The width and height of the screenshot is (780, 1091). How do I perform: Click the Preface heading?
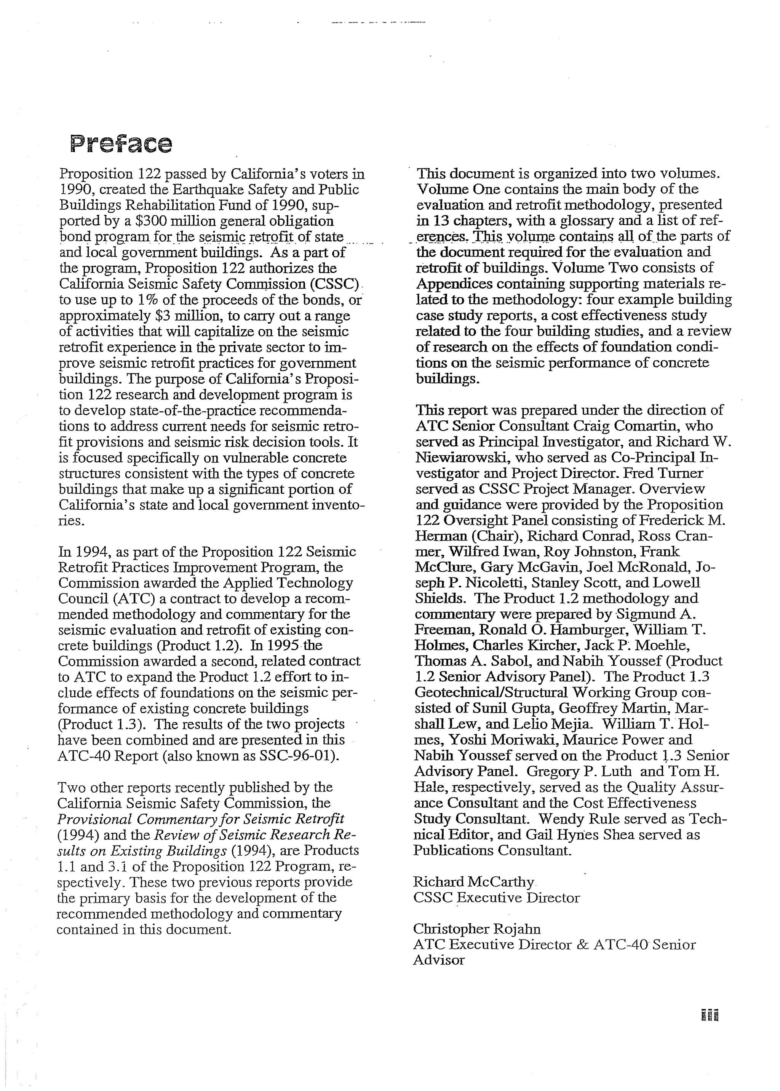point(121,144)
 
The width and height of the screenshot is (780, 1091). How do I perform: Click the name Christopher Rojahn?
point(476,929)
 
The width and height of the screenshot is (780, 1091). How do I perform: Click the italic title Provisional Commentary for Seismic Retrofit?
point(201,819)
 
